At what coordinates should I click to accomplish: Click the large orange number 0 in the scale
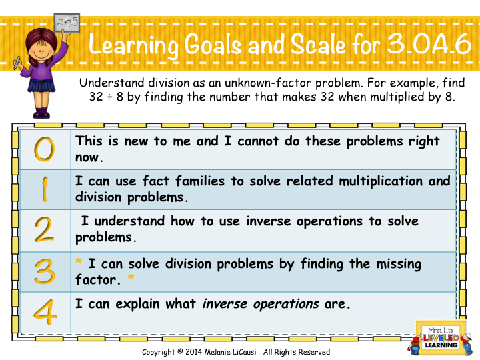[x=44, y=149]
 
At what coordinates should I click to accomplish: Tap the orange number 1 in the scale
[x=44, y=189]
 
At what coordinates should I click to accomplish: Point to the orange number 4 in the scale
[x=44, y=311]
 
